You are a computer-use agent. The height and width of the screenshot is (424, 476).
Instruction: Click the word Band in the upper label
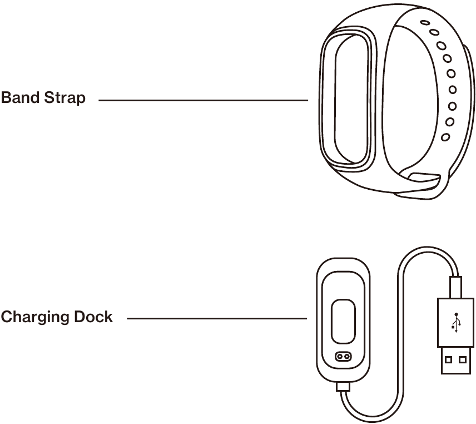20,98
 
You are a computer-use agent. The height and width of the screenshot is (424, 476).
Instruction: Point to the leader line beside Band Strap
203,101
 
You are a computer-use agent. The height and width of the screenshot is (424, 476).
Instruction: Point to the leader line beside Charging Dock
217,319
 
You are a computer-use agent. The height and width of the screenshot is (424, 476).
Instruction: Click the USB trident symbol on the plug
456,322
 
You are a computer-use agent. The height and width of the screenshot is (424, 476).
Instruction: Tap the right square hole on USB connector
463,359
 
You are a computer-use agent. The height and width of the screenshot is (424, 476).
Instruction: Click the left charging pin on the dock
339,356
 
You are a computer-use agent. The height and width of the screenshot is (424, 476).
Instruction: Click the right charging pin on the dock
347,356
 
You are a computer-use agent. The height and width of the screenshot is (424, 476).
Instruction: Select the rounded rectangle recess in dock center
343,322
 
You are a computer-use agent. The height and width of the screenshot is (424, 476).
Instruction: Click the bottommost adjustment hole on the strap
445,137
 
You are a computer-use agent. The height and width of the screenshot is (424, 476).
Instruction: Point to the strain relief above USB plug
456,286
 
